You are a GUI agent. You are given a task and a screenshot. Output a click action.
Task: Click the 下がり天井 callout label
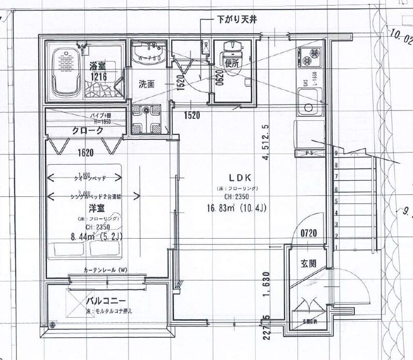click(235, 19)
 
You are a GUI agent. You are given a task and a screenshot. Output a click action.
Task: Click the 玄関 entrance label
click(309, 263)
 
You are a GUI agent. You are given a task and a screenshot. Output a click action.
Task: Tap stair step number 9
click(336, 153)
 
